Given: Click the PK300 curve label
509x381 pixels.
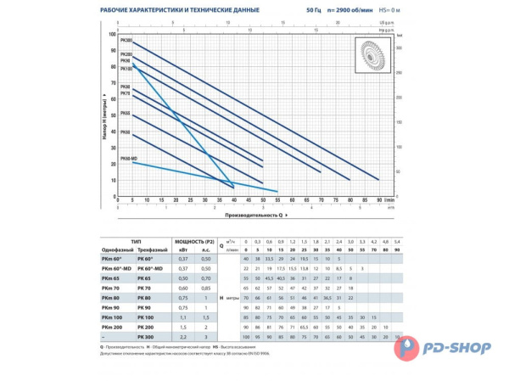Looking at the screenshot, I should [x=126, y=43].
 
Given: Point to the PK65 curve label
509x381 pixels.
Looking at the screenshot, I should [x=125, y=113].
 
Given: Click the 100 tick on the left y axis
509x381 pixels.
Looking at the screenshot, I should [x=111, y=35].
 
